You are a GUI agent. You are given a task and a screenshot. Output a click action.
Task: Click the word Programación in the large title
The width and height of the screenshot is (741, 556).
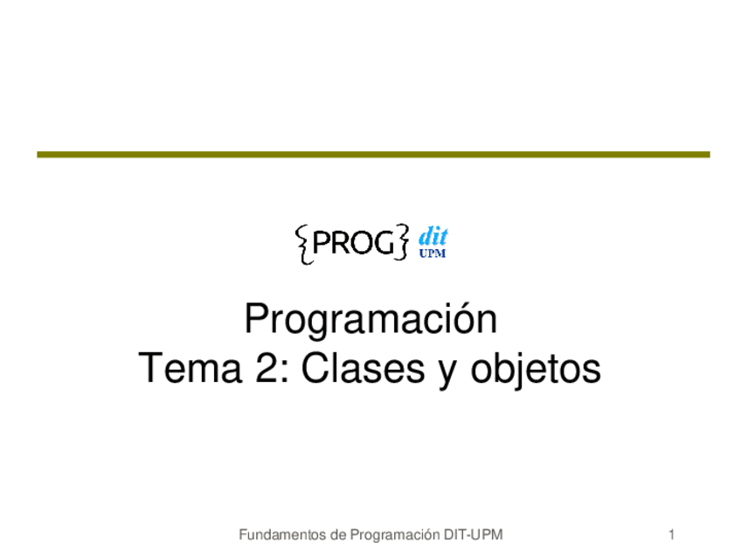click(x=370, y=321)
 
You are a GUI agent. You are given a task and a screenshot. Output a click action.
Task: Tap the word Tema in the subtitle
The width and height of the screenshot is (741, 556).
click(x=190, y=368)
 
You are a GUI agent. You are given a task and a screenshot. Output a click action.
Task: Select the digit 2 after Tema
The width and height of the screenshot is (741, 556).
click(x=267, y=368)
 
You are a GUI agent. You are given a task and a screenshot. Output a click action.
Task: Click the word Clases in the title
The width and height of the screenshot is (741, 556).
click(x=363, y=368)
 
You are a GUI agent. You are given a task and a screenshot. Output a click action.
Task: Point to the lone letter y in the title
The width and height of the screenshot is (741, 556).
click(x=447, y=374)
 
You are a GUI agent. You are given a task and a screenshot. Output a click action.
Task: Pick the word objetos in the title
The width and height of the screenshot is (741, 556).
click(x=536, y=371)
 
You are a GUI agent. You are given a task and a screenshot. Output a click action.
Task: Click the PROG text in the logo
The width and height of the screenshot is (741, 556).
click(x=353, y=243)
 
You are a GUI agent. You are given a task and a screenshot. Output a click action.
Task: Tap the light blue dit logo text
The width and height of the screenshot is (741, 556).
click(x=433, y=236)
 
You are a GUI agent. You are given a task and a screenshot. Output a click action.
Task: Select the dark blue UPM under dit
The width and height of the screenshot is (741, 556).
click(x=433, y=254)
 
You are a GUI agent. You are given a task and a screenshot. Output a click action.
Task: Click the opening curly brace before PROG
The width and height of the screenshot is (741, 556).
click(x=303, y=245)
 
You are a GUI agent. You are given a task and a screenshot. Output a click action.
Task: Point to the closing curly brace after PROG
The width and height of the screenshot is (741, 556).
click(x=402, y=242)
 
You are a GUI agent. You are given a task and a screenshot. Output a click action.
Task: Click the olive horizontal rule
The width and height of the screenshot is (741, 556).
click(x=373, y=155)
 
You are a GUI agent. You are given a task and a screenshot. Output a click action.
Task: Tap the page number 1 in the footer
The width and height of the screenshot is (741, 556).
click(x=671, y=535)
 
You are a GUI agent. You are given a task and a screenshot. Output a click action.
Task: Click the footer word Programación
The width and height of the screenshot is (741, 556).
click(x=395, y=536)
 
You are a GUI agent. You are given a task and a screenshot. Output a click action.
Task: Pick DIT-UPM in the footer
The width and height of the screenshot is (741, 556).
click(x=473, y=535)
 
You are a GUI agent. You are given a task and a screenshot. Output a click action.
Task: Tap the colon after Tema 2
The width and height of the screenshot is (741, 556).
click(x=285, y=372)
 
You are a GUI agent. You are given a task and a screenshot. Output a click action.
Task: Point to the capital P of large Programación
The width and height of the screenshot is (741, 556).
click(x=257, y=319)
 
